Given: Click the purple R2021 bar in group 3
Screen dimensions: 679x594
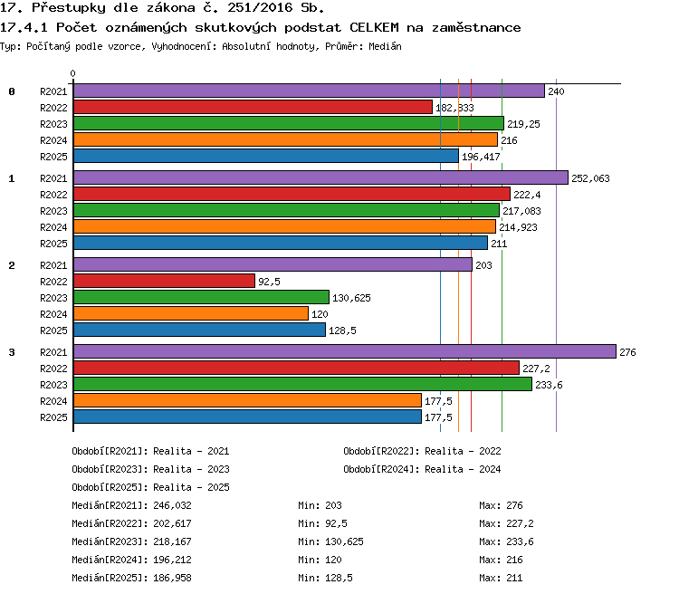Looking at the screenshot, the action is pyautogui.click(x=345, y=351).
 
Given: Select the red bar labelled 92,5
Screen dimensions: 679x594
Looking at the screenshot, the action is pyautogui.click(x=164, y=281).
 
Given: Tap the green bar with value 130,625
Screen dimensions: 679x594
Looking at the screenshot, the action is pyautogui.click(x=201, y=297).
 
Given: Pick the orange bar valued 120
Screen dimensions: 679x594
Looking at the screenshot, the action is pyautogui.click(x=191, y=313).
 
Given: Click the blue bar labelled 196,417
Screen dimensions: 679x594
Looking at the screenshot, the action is pyautogui.click(x=266, y=156).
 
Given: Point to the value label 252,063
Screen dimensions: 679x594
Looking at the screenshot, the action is pyautogui.click(x=590, y=178).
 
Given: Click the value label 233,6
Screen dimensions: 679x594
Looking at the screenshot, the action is pyautogui.click(x=549, y=385).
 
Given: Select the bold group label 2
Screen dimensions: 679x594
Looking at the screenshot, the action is pyautogui.click(x=12, y=265).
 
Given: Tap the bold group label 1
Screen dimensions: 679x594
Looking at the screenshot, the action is pyautogui.click(x=12, y=178).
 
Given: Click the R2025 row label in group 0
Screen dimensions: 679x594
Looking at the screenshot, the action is pyautogui.click(x=53, y=157).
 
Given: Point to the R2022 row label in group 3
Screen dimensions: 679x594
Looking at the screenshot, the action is pyautogui.click(x=53, y=369).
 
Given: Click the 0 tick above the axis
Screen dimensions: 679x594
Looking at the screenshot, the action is pyautogui.click(x=72, y=73).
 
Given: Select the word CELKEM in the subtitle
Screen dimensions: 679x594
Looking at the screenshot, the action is pyautogui.click(x=374, y=28).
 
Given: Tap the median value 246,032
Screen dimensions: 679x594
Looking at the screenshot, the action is pyautogui.click(x=172, y=505).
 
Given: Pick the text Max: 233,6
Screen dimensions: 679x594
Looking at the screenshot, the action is pyautogui.click(x=506, y=541).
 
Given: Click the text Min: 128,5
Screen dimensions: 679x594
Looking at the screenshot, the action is pyautogui.click(x=325, y=578).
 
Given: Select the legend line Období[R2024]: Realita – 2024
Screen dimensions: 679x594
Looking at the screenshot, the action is pyautogui.click(x=422, y=469).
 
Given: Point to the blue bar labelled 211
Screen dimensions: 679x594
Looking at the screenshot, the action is pyautogui.click(x=281, y=243).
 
